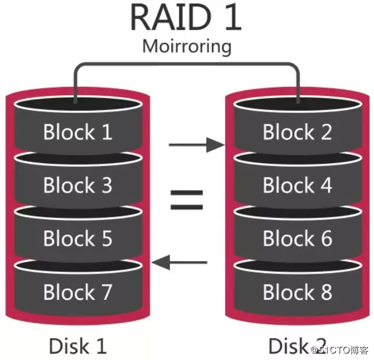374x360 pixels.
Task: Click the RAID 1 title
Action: tap(186, 17)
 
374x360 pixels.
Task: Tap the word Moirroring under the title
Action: tap(187, 47)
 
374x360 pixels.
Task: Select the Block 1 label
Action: tap(78, 132)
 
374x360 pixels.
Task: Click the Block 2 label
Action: tap(297, 132)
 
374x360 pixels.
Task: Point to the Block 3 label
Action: tap(78, 185)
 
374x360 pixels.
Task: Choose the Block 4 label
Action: tap(297, 185)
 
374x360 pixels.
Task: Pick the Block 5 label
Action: tap(78, 238)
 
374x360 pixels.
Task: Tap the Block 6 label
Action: tap(297, 238)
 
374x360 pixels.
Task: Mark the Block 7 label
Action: tap(78, 292)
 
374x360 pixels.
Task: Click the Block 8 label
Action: tap(297, 292)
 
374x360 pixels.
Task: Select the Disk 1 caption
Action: tap(78, 346)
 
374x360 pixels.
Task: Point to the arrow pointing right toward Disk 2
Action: tap(197, 145)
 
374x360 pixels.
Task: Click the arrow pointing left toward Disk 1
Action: tap(180, 262)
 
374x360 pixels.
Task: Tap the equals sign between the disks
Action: tap(187, 200)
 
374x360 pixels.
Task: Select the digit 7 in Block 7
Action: tap(107, 292)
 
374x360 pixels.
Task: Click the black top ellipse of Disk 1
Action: tap(78, 104)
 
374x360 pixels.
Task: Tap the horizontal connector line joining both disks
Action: tap(187, 64)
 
